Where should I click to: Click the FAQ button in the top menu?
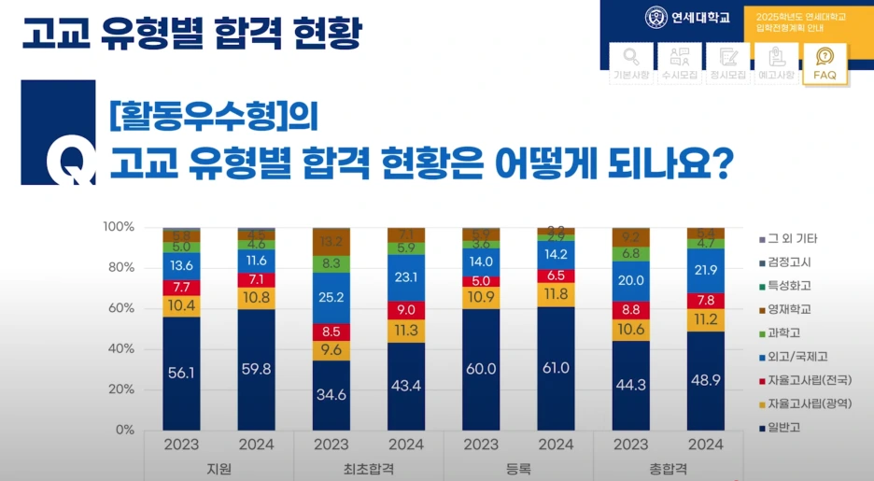[x=825, y=64]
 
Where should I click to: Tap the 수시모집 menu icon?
[x=681, y=64]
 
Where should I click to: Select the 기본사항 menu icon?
[x=631, y=64]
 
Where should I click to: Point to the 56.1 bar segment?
[x=181, y=372]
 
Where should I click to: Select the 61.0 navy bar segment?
[x=556, y=368]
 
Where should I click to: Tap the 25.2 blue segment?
[x=331, y=297]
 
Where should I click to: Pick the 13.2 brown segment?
[x=331, y=242]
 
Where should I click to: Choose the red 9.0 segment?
[x=406, y=310]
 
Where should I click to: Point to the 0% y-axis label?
[x=125, y=430]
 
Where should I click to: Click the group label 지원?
[x=218, y=468]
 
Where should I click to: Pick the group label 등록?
[x=518, y=468]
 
